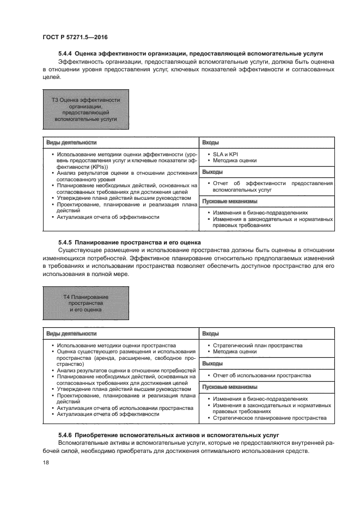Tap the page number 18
tap(46, 462)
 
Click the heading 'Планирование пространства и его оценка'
tap(138, 241)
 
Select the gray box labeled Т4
tap(86, 303)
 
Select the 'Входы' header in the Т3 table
tap(211, 142)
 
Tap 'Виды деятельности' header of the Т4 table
tap(71, 333)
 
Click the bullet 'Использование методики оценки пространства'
tap(117, 345)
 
